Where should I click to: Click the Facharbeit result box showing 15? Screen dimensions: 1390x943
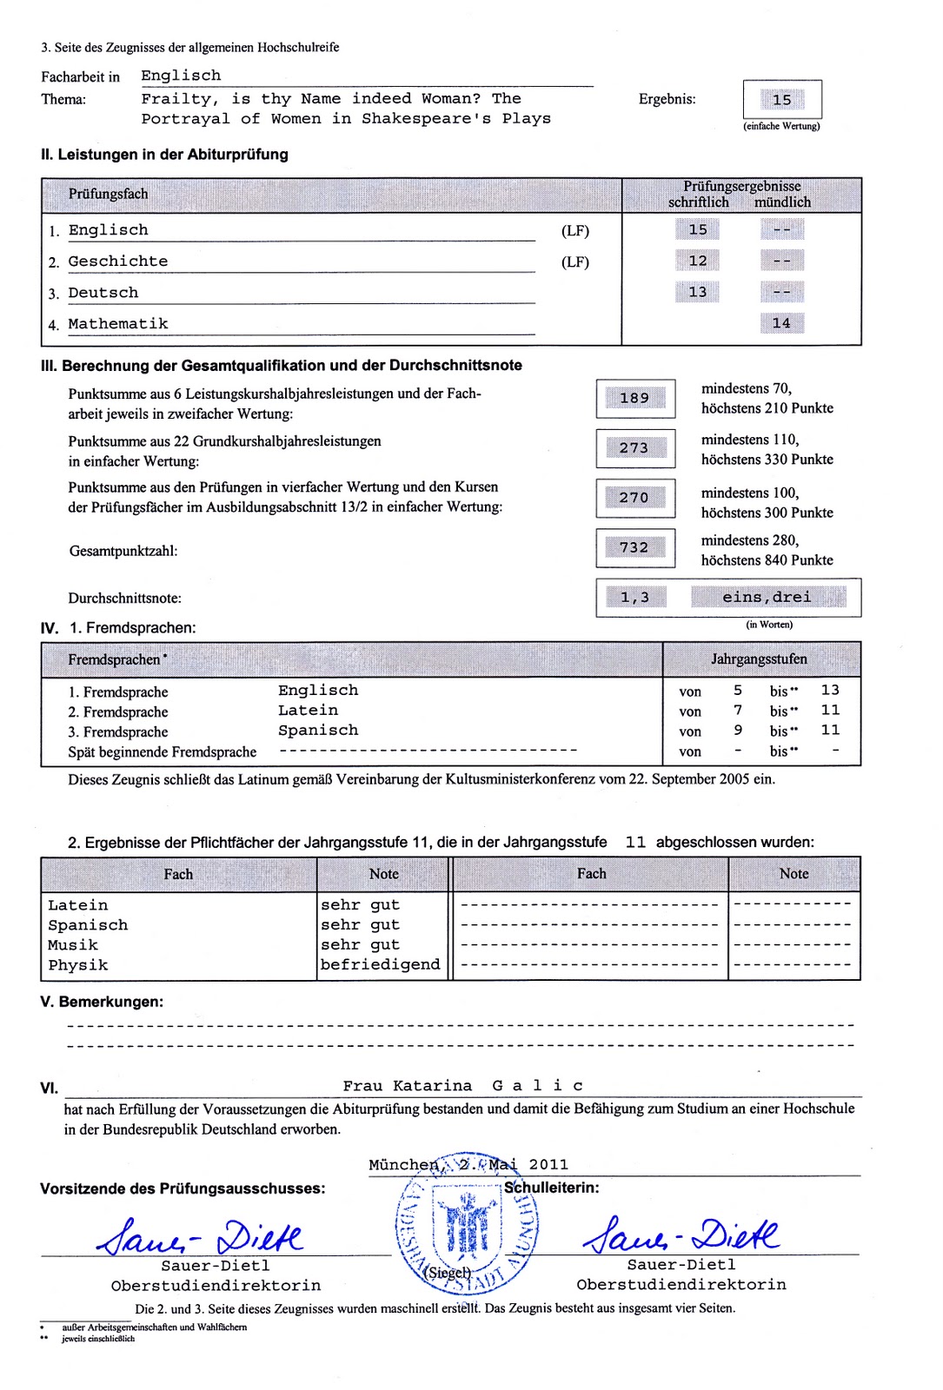click(782, 100)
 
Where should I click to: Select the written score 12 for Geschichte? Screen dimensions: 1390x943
click(697, 261)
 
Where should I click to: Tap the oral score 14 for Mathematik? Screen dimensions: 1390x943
click(781, 323)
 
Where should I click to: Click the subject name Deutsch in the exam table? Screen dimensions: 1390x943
click(103, 293)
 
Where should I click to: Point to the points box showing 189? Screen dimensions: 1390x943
click(635, 398)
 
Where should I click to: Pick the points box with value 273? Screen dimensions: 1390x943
click(635, 448)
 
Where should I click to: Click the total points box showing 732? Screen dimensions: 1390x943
click(635, 547)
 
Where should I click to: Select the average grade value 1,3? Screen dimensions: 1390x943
click(634, 598)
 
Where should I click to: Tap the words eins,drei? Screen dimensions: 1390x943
click(767, 598)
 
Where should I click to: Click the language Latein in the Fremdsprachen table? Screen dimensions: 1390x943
click(308, 711)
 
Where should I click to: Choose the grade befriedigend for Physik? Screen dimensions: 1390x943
click(380, 964)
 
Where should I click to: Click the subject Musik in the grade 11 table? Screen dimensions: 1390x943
click(73, 945)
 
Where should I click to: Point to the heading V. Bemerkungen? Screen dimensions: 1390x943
click(102, 1002)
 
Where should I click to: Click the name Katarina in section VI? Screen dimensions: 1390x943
click(432, 1086)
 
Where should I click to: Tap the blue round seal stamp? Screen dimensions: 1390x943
click(467, 1225)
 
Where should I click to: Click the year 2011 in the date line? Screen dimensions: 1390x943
click(548, 1165)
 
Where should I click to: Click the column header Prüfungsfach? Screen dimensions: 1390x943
click(109, 194)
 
